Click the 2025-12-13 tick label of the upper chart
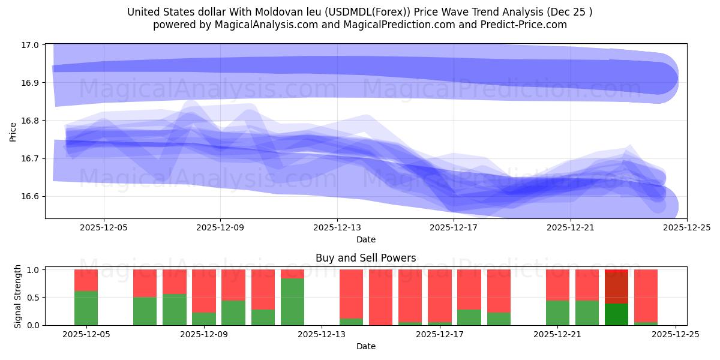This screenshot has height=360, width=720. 337,227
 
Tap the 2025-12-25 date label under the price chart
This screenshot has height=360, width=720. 686,227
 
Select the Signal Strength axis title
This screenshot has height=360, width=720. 18,296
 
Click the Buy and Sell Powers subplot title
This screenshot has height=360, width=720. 365,259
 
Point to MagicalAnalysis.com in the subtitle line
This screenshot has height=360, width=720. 257,25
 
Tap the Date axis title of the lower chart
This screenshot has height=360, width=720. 365,346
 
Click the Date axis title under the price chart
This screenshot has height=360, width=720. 365,239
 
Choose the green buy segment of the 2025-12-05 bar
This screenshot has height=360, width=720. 86,308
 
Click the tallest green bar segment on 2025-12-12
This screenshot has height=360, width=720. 292,301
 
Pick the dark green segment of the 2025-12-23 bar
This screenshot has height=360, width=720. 616,314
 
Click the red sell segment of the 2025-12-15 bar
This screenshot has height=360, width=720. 380,296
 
